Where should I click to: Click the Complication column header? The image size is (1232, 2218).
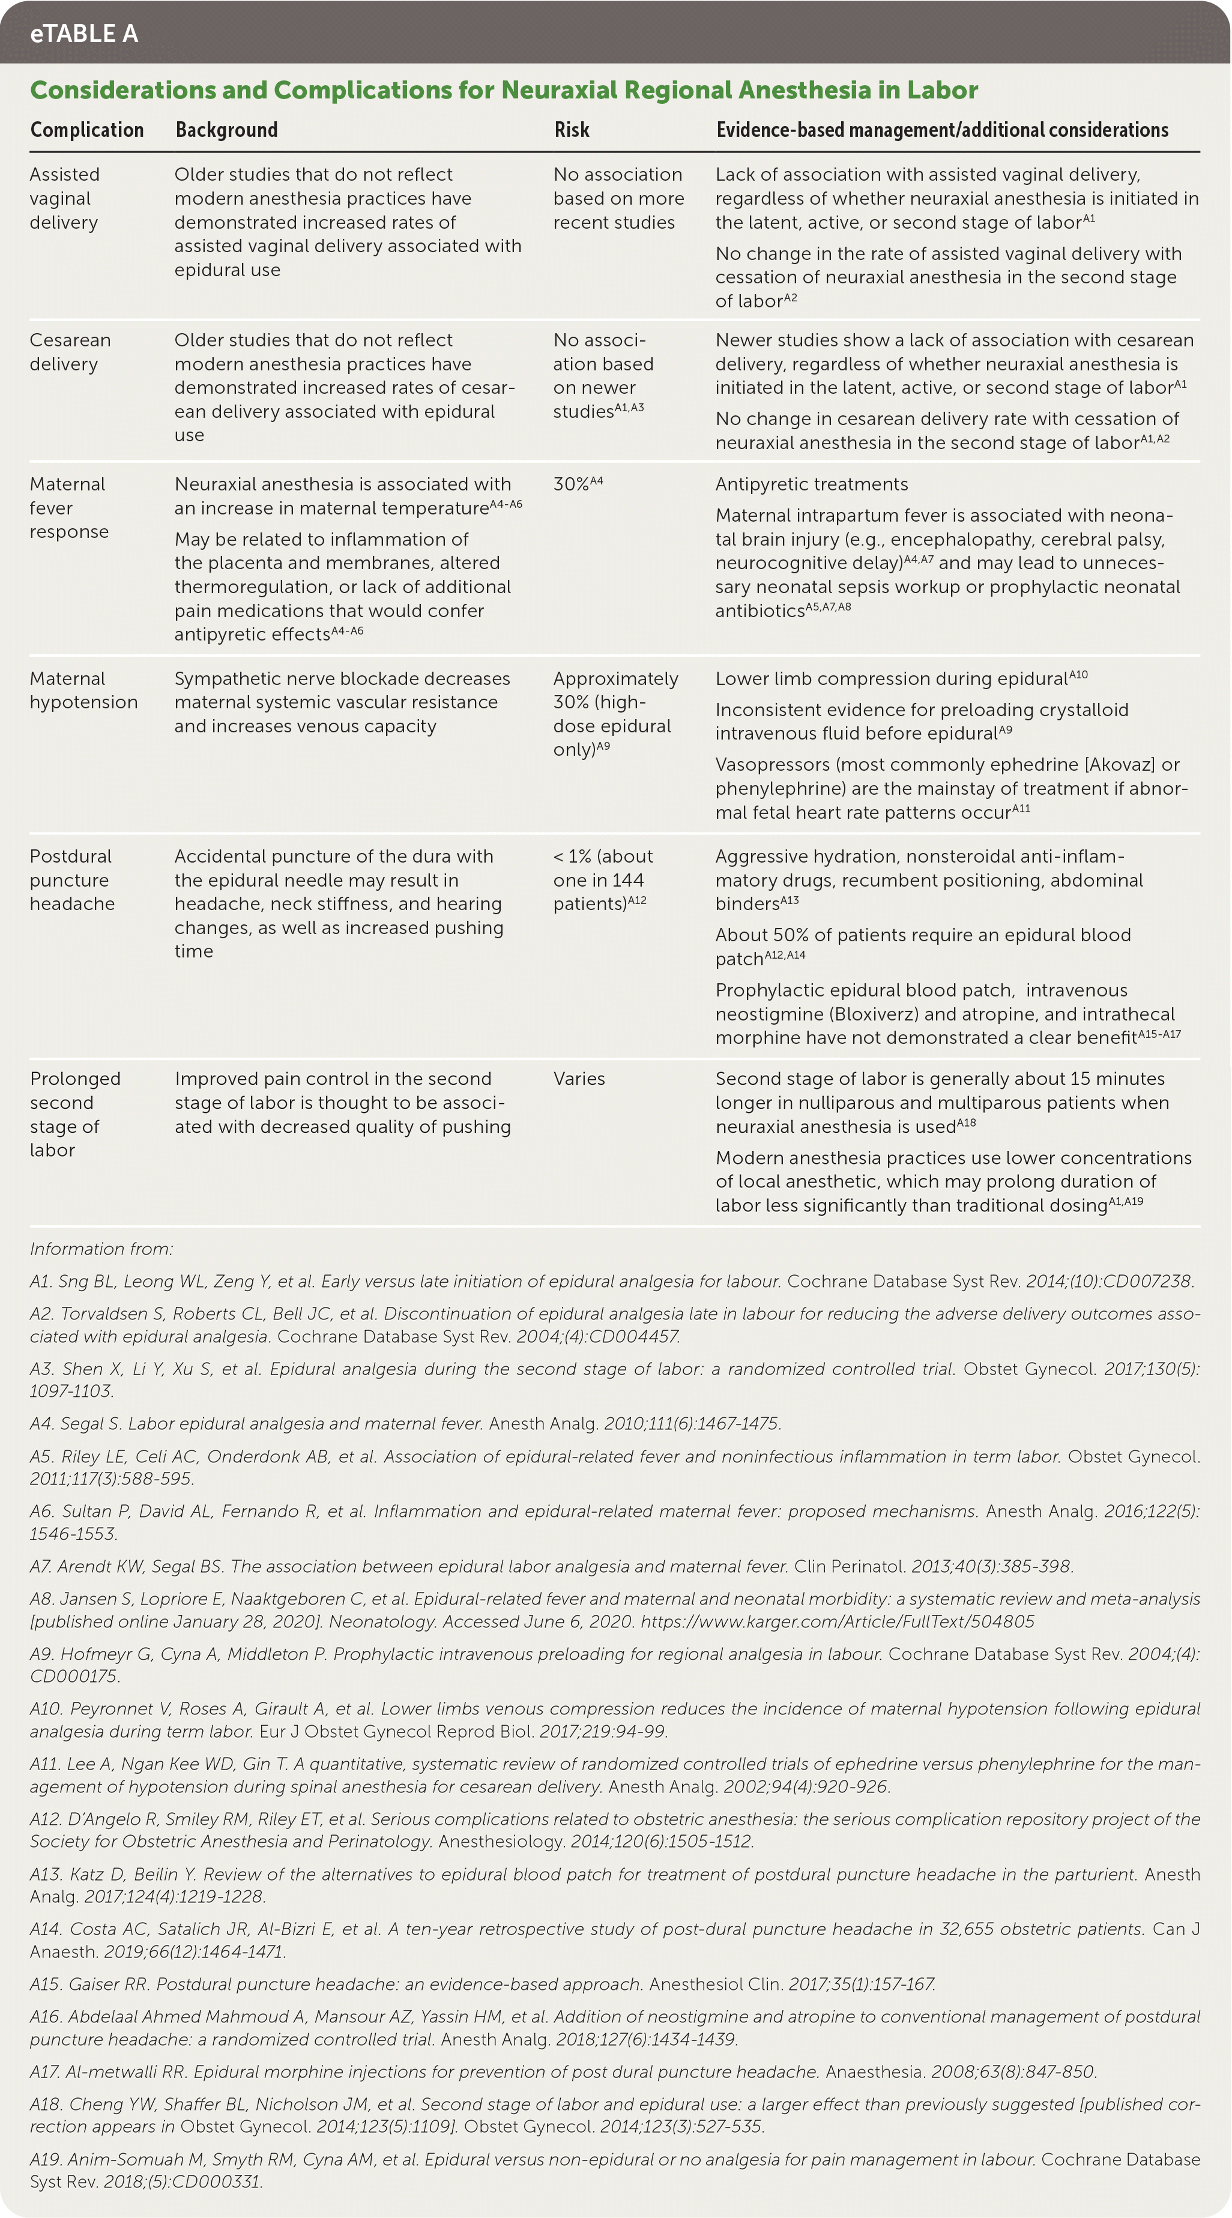click(87, 130)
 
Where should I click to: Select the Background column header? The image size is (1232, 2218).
click(226, 130)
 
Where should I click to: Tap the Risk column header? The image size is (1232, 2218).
click(572, 130)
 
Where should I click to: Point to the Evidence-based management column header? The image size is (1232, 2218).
click(942, 130)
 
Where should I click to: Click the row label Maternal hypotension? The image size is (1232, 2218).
click(83, 690)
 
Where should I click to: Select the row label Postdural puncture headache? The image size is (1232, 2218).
click(71, 879)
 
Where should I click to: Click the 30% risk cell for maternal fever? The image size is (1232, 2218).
click(577, 484)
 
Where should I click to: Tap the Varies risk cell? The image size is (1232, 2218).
click(579, 1079)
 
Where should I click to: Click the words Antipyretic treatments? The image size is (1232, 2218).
click(811, 484)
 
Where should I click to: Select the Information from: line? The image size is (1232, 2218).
click(101, 1249)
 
